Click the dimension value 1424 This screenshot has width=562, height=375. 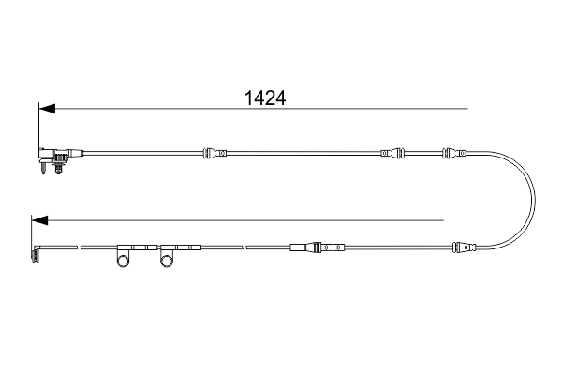[x=264, y=97]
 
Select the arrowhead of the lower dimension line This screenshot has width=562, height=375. [x=37, y=221]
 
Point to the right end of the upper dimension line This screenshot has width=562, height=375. [x=467, y=110]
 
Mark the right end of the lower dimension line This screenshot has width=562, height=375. [x=443, y=221]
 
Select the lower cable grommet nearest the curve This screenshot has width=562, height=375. [x=465, y=247]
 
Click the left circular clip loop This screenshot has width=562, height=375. [x=123, y=262]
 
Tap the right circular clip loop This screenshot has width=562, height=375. [x=168, y=262]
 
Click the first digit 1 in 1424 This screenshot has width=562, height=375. [x=248, y=97]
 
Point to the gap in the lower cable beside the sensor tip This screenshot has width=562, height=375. [x=79, y=247]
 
